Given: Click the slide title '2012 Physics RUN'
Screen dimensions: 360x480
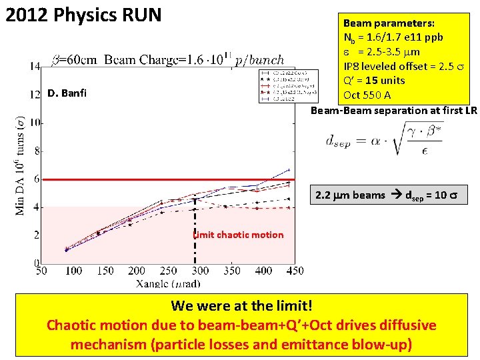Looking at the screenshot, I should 83,14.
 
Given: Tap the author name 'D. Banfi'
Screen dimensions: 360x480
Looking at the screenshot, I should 67,93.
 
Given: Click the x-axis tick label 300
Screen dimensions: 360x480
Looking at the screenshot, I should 199,271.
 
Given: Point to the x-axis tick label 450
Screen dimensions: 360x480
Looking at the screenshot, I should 295,271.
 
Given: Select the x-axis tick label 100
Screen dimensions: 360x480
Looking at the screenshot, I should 73,271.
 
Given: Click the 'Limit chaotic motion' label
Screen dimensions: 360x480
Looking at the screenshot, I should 239,235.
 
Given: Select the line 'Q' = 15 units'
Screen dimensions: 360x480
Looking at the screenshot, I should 374,81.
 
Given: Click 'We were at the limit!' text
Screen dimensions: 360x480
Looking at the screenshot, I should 241,306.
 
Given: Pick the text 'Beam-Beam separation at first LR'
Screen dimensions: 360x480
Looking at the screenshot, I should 394,110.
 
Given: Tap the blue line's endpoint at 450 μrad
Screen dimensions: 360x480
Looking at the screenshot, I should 289,169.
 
